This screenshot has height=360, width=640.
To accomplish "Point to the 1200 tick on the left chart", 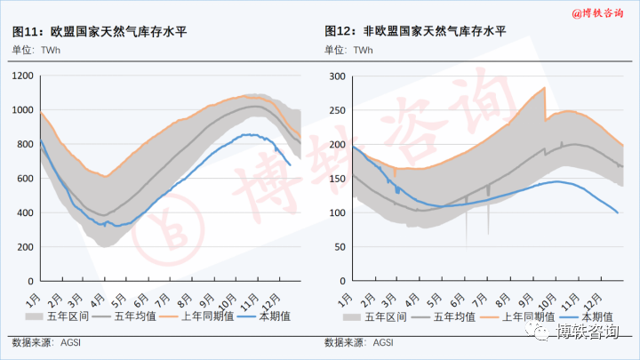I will pyautogui.click(x=22, y=76).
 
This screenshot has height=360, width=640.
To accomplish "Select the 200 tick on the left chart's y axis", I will pyautogui.click(x=25, y=247).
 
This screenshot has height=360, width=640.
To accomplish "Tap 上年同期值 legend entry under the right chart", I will pyautogui.click(x=531, y=316).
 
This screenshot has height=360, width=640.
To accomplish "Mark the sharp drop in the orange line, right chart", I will pyautogui.click(x=545, y=104).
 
